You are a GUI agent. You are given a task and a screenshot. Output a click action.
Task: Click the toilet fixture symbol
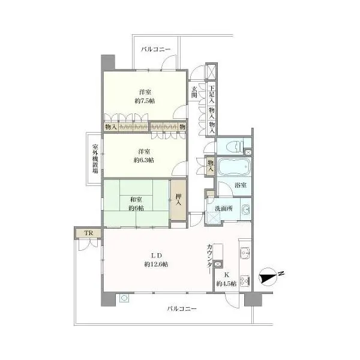235,146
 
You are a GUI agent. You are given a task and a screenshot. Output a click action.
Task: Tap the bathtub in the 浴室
234,167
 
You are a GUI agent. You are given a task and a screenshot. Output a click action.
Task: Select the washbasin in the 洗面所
246,209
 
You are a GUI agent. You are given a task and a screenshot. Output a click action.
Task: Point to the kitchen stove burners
245,281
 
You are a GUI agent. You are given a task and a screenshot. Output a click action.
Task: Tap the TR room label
89,233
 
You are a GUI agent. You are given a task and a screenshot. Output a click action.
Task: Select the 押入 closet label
178,200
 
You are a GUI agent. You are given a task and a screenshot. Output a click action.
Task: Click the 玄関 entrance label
194,92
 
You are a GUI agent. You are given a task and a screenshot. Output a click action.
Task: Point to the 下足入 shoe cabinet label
212,94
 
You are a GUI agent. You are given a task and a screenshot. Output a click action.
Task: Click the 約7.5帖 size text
145,101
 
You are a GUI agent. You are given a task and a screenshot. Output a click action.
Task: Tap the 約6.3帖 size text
144,160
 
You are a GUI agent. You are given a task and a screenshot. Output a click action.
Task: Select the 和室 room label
136,200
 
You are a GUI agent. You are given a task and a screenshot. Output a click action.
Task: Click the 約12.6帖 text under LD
156,264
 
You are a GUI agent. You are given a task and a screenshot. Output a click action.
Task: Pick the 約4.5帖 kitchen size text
226,284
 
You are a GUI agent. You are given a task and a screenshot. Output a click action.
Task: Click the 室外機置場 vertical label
95,158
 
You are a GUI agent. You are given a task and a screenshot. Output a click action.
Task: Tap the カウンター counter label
209,259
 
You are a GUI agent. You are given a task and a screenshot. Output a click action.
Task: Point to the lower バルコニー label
182,308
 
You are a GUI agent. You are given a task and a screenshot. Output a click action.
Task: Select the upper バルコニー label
156,49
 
